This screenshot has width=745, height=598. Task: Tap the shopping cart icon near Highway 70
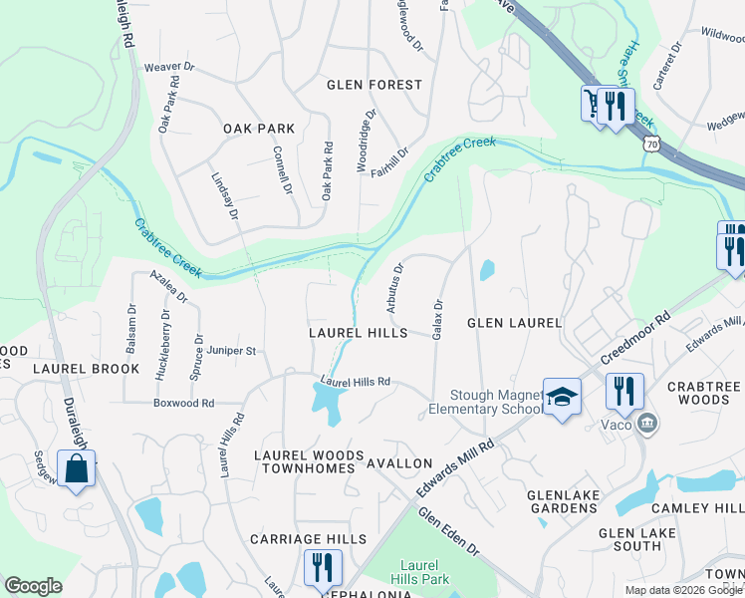pyautogui.click(x=595, y=104)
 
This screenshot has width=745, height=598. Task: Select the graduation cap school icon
pyautogui.click(x=562, y=397)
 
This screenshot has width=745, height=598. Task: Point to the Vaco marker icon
pyautogui.click(x=648, y=424)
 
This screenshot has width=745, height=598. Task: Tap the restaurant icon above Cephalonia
pyautogui.click(x=322, y=568)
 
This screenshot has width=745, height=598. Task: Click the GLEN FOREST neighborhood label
pyautogui.click(x=374, y=85)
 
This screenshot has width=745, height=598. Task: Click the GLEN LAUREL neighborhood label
pyautogui.click(x=515, y=323)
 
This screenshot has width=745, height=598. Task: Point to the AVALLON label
pyautogui.click(x=399, y=463)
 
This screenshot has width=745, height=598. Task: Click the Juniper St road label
pyautogui.click(x=232, y=351)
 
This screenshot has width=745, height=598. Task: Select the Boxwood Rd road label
pyautogui.click(x=183, y=403)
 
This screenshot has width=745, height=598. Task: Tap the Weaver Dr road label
pyautogui.click(x=166, y=67)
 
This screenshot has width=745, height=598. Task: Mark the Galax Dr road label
pyautogui.click(x=437, y=318)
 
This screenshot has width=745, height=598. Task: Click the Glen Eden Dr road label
pyautogui.click(x=448, y=533)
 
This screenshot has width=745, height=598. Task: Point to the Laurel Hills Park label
pyautogui.click(x=424, y=572)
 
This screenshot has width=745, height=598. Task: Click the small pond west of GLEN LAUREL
pyautogui.click(x=486, y=270)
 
